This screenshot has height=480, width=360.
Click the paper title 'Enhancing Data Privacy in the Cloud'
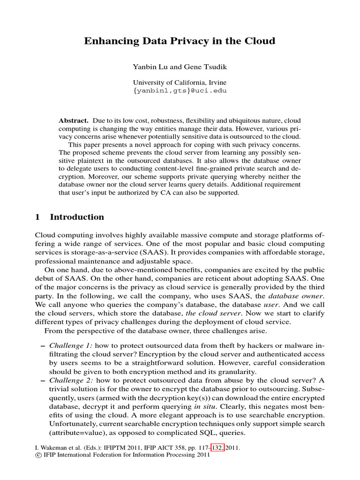[180, 41]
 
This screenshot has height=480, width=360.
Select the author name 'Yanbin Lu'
[149, 67]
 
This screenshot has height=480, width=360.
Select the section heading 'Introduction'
[77, 217]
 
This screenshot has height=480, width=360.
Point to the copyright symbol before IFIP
[38, 455]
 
